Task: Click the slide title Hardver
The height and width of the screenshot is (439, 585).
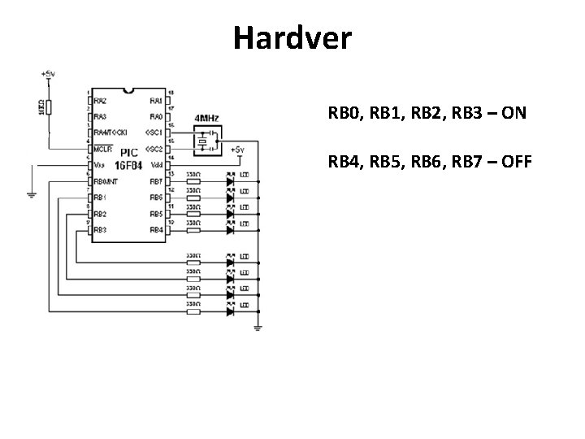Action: click(x=292, y=38)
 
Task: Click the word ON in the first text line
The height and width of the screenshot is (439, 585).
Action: click(x=513, y=112)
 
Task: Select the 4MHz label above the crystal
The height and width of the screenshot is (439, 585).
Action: click(x=206, y=119)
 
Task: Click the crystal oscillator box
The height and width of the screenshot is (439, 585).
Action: click(x=205, y=142)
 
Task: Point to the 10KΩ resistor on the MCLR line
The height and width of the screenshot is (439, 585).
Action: click(x=49, y=106)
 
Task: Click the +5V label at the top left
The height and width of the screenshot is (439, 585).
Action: click(x=48, y=74)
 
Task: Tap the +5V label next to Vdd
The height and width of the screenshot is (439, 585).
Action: click(x=236, y=150)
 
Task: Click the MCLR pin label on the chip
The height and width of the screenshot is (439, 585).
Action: click(x=102, y=150)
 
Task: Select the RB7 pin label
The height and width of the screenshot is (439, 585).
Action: click(x=155, y=181)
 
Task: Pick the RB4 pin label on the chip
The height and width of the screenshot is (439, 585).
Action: click(x=155, y=230)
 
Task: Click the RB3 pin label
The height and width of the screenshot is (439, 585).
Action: click(x=100, y=230)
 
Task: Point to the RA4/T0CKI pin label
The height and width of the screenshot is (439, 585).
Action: click(x=110, y=132)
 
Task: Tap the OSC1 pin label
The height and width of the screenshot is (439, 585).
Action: click(x=153, y=132)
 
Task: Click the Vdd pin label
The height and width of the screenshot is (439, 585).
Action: click(x=156, y=164)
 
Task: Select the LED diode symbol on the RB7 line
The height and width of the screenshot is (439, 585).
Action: click(x=230, y=181)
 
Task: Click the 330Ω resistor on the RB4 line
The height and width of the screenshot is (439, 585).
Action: click(x=193, y=230)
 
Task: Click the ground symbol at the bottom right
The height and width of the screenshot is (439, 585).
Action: click(x=258, y=328)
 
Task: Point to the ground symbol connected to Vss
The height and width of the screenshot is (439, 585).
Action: click(x=30, y=193)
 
